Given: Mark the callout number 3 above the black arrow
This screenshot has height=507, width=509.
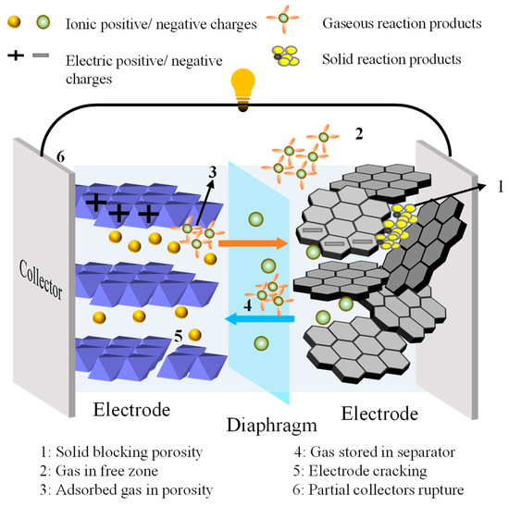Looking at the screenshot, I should point(212,169).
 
